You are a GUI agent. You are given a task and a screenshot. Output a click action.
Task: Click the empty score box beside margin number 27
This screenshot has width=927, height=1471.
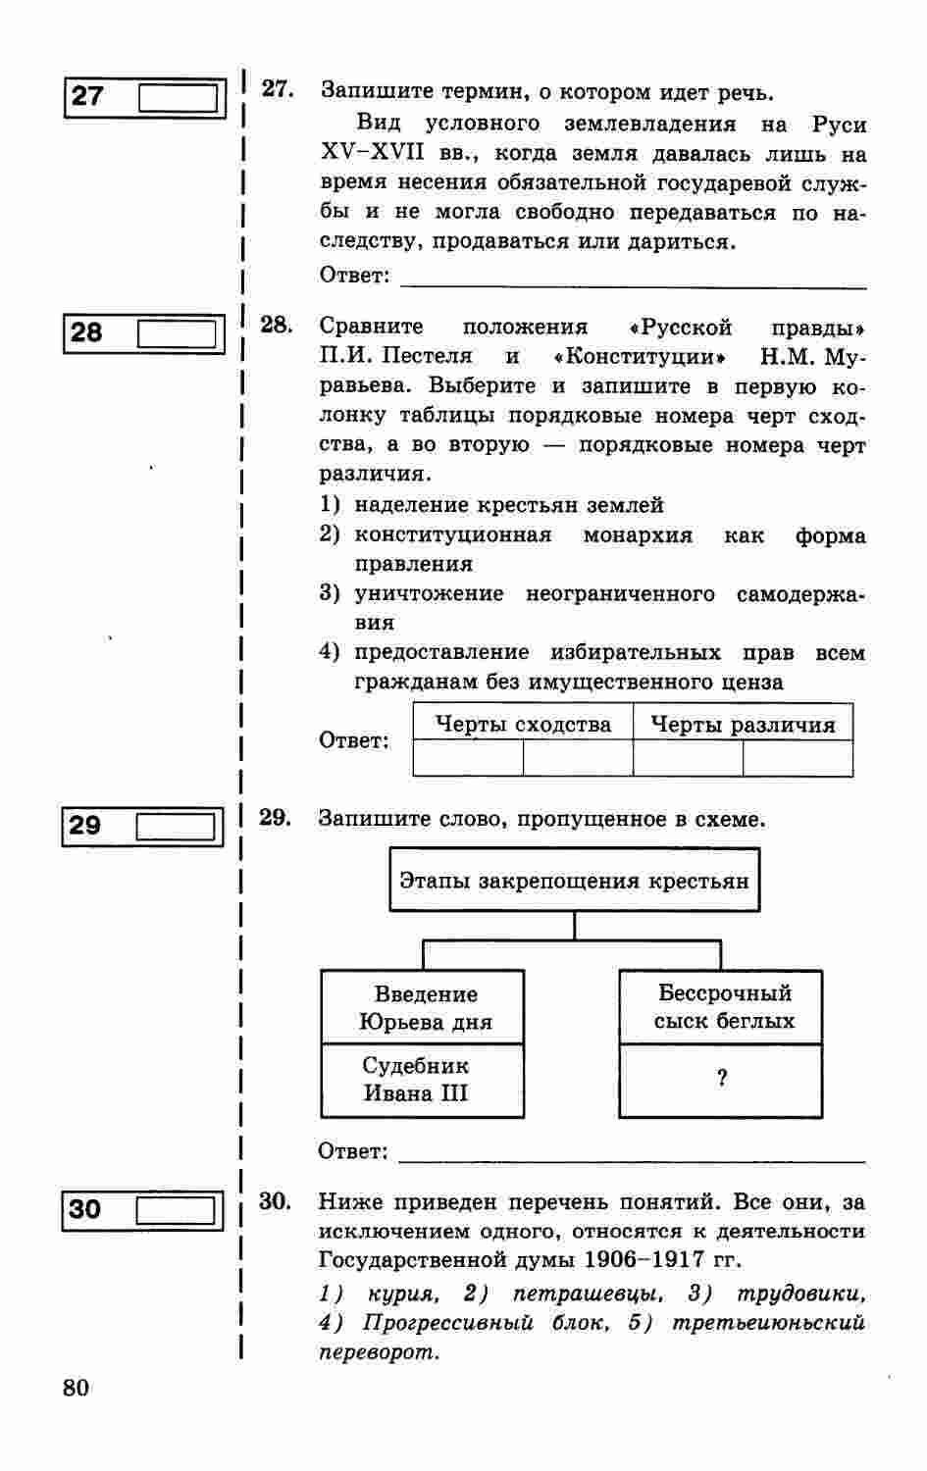coord(178,97)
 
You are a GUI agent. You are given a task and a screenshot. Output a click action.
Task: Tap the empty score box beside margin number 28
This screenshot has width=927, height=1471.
coord(177,333)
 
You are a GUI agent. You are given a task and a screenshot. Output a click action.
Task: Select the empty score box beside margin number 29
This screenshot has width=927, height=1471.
coord(176,827)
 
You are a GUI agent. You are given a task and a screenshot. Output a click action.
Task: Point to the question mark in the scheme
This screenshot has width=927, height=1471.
coord(722,1079)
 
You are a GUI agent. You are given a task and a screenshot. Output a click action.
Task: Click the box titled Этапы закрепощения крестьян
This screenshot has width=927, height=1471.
coord(574,881)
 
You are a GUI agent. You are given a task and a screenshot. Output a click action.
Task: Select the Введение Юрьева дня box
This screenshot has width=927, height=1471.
coord(423,1007)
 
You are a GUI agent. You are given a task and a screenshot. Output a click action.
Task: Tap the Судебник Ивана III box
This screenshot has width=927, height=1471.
coord(423,1080)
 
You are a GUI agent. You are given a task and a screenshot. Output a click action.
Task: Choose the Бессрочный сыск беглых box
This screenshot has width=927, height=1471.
coord(721,1007)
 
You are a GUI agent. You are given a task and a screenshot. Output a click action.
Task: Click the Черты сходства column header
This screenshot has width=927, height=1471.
coord(523,724)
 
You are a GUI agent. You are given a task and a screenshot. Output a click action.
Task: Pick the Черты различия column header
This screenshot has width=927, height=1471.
coord(743,724)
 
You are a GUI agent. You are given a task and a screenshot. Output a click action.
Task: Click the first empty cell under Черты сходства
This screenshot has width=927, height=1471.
coord(468,758)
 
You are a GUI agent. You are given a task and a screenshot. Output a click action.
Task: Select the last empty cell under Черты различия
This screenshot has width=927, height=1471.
coord(798,758)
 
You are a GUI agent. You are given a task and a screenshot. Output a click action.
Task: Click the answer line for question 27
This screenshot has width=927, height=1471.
coord(633,280)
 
